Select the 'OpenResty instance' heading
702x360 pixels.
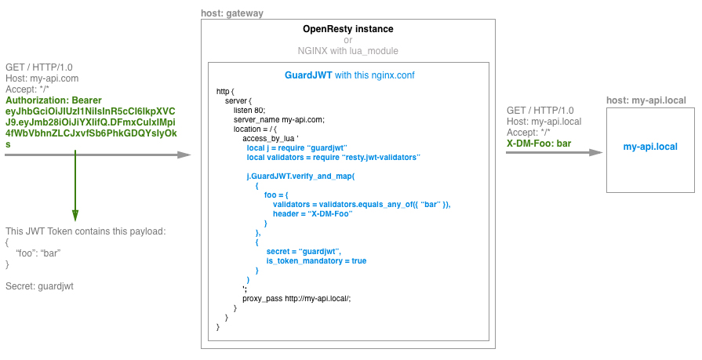click(348, 29)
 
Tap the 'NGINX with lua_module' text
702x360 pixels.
click(348, 50)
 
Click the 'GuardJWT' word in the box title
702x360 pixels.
click(308, 76)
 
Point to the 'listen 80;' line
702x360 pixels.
click(249, 110)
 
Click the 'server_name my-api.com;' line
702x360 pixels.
click(279, 119)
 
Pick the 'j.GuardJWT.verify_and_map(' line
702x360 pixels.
click(300, 176)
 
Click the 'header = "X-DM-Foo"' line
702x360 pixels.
click(310, 213)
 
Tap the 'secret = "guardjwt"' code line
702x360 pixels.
click(309, 251)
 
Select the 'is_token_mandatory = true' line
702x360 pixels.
click(316, 260)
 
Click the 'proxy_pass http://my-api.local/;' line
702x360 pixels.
click(296, 298)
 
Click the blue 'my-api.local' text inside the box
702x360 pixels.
click(650, 147)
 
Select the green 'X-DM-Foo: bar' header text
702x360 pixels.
click(539, 144)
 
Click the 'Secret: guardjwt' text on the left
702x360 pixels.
click(39, 286)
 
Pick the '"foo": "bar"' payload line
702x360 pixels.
click(38, 253)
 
